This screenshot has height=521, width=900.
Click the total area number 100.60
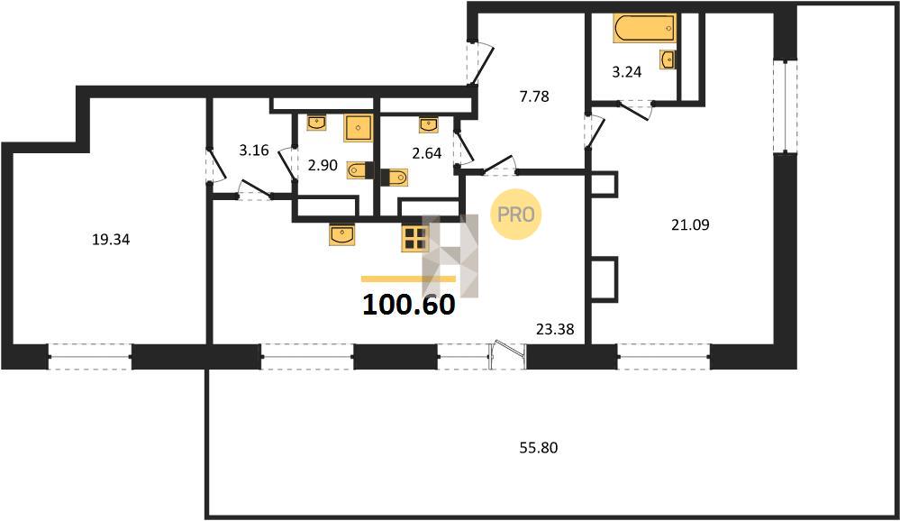(x=409, y=305)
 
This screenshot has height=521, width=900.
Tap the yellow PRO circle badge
(x=515, y=215)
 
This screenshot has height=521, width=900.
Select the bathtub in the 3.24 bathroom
(x=644, y=28)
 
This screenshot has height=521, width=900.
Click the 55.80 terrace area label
(x=539, y=447)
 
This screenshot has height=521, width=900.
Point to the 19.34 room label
(x=111, y=240)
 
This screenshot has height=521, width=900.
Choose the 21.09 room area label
(x=690, y=224)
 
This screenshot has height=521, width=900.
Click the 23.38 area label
(x=555, y=329)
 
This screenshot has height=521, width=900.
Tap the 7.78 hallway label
(x=534, y=96)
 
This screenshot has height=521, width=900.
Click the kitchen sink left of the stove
(x=344, y=234)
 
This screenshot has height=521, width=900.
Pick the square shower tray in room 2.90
(x=359, y=128)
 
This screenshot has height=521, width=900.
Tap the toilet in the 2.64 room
(x=395, y=177)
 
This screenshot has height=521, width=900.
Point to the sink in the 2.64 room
(x=428, y=124)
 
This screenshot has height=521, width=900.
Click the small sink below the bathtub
(x=668, y=59)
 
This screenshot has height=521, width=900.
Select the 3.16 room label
(x=254, y=151)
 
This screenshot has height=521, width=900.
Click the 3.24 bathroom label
(x=626, y=72)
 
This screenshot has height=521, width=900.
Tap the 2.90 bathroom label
(x=323, y=166)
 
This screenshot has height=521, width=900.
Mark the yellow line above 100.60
(x=408, y=279)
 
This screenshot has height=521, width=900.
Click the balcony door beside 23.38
(x=509, y=353)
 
